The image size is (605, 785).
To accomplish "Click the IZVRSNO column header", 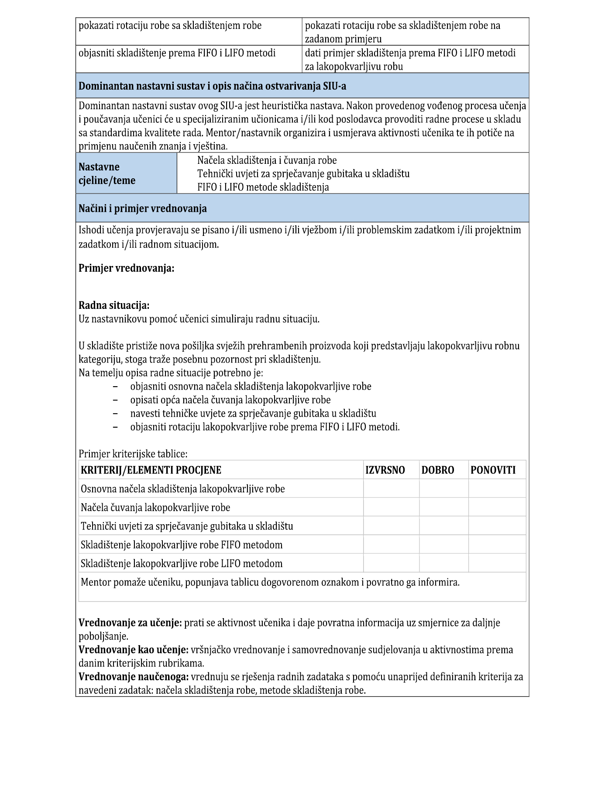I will click(385, 470).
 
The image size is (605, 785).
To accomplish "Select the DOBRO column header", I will click(437, 470).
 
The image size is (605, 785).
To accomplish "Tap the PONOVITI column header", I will click(493, 470).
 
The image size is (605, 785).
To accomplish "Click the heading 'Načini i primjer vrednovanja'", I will click(142, 208).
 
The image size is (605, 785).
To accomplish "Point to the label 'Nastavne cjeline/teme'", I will click(107, 173).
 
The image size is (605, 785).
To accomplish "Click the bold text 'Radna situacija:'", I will click(114, 305).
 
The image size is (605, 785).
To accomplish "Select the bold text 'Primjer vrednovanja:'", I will click(126, 268).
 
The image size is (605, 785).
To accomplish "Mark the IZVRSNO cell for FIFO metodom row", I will click(391, 545).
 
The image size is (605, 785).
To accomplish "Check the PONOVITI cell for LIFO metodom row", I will click(497, 563).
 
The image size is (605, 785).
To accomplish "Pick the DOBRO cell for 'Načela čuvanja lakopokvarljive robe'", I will click(443, 507).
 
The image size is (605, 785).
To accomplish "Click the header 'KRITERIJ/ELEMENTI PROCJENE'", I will click(151, 470).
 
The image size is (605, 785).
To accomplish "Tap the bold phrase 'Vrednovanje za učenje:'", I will click(130, 622).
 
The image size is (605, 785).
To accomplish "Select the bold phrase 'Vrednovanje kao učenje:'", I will click(133, 650).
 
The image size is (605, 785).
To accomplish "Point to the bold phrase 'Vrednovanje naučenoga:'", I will click(134, 677).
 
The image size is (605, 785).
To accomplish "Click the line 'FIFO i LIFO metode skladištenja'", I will click(263, 187).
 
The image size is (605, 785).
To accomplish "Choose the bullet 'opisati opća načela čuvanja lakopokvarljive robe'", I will click(230, 400).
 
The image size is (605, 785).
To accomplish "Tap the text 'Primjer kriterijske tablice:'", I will click(133, 454).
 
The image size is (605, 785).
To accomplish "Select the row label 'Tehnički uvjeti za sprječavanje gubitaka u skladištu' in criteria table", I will click(187, 526).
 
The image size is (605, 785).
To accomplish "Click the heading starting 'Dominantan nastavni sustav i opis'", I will click(212, 86).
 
